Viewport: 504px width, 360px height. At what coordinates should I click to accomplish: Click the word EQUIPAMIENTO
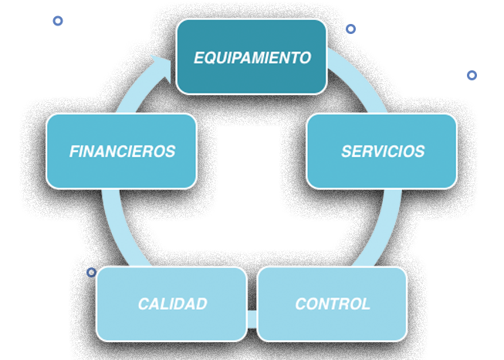[x=252, y=58]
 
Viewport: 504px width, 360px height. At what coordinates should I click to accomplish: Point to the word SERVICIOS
[x=383, y=151]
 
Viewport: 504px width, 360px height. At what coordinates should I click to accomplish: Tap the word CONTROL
[x=333, y=304]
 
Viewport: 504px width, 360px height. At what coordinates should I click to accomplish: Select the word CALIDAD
[x=172, y=304]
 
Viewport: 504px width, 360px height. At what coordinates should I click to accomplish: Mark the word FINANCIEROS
[x=122, y=151]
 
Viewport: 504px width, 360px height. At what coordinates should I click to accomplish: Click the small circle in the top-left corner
[x=57, y=21]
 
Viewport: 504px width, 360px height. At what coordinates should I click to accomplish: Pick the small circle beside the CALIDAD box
[x=91, y=272]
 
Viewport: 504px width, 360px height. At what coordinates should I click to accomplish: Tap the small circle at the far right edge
[x=472, y=75]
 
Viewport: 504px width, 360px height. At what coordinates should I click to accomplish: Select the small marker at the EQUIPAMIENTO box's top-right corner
[x=350, y=29]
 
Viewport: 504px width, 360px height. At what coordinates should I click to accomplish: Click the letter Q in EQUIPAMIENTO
[x=208, y=58]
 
